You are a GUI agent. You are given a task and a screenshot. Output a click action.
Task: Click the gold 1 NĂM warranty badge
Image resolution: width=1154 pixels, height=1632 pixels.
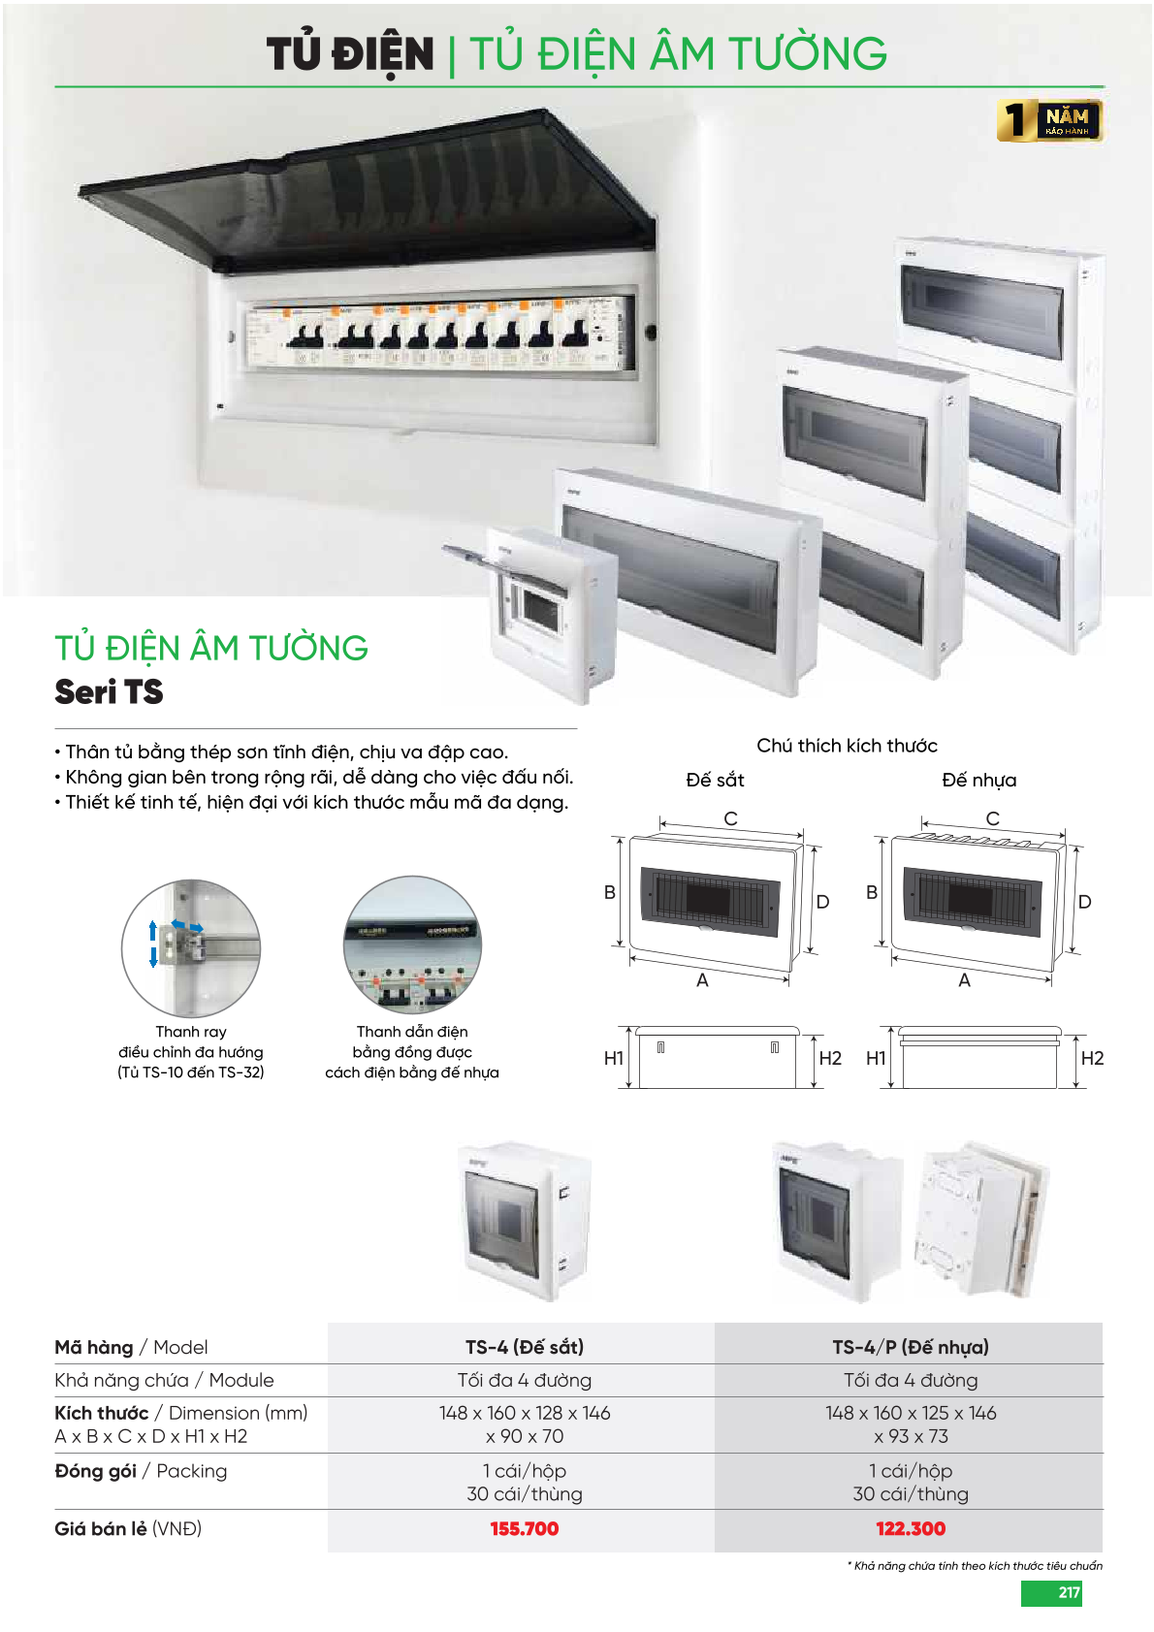tap(1050, 120)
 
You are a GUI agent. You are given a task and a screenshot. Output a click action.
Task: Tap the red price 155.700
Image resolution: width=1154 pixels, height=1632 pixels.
tap(524, 1528)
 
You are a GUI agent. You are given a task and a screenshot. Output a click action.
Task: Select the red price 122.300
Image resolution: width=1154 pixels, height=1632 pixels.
tap(911, 1528)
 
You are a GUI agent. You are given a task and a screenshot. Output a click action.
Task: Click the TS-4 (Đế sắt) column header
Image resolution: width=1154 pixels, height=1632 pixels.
tap(525, 1347)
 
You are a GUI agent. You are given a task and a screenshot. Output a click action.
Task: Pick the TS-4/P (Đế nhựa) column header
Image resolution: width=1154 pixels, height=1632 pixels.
tap(911, 1347)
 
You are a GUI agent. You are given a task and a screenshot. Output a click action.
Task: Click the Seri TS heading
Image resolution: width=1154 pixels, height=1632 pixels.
tap(110, 691)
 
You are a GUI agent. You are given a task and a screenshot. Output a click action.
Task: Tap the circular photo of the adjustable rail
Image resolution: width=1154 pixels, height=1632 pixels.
tap(191, 947)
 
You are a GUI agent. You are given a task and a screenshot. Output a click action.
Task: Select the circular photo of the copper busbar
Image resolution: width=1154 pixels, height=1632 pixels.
tap(412, 944)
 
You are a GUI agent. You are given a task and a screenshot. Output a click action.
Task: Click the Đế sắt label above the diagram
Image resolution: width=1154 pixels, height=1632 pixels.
tap(715, 781)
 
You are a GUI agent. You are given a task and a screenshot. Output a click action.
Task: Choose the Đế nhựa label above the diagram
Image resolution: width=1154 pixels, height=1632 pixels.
tap(979, 781)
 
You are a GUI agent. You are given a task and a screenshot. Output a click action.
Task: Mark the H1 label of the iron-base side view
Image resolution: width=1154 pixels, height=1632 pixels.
tap(614, 1058)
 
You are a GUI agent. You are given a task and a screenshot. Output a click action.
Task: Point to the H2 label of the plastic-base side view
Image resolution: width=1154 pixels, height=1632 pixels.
tap(1092, 1058)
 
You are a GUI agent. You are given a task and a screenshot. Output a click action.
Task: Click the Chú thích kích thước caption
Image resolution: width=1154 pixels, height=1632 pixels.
tap(847, 746)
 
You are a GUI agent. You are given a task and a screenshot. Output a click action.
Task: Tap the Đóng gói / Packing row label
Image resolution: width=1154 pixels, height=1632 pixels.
tap(141, 1471)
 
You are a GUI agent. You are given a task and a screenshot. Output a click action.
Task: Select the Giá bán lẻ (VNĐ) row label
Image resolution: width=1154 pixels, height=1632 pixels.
tap(128, 1528)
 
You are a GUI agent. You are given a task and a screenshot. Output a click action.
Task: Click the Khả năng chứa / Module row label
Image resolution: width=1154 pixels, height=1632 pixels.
tap(164, 1380)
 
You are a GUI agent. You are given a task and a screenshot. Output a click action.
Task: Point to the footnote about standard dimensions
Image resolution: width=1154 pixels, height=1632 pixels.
tap(975, 1566)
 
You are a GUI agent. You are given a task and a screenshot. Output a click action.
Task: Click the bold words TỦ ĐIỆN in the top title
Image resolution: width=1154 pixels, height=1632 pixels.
tap(350, 54)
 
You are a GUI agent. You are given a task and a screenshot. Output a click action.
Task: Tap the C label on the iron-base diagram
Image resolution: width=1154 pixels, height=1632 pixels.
tap(731, 819)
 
